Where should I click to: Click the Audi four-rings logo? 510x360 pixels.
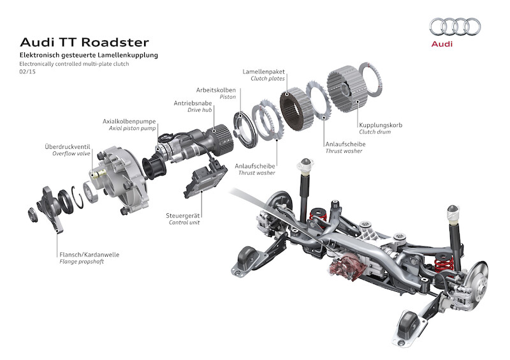pyautogui.click(x=455, y=27)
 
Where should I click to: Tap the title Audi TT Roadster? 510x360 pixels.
pyautogui.click(x=84, y=42)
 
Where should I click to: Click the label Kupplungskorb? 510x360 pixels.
pyautogui.click(x=381, y=125)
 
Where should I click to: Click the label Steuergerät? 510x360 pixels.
pyautogui.click(x=184, y=215)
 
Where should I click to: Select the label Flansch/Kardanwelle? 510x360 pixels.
pyautogui.click(x=89, y=255)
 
